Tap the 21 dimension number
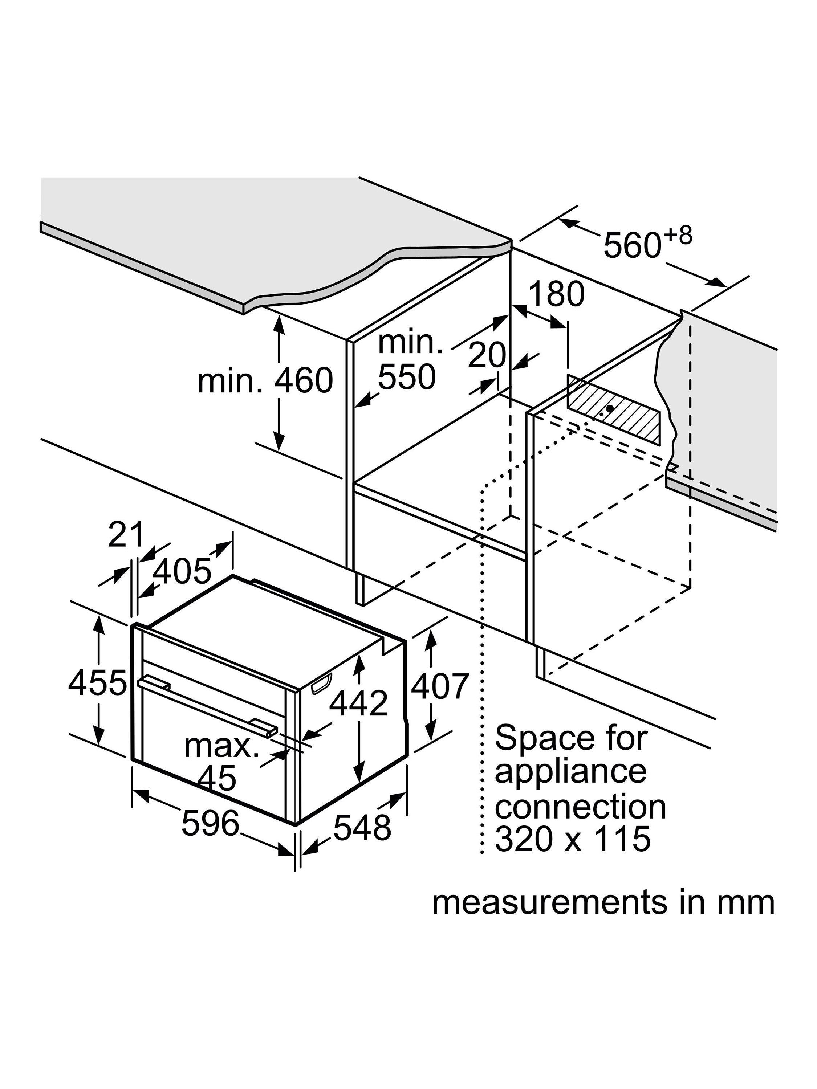[126, 535]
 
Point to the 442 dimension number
[358, 703]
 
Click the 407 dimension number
[439, 686]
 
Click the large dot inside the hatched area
[610, 408]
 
